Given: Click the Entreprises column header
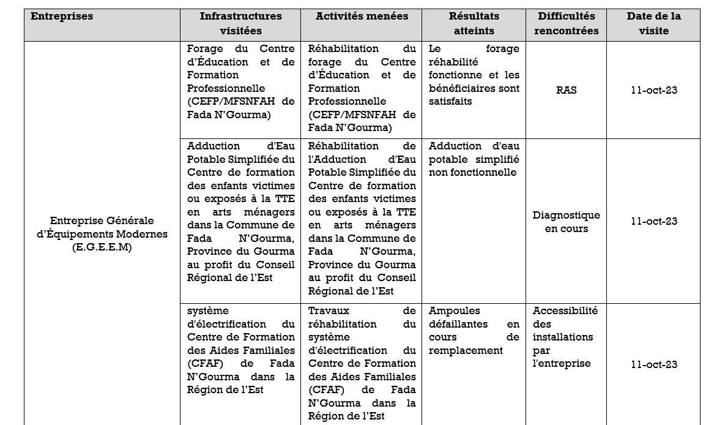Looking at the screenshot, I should point(62,17).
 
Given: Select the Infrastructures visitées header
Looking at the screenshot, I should point(240,23).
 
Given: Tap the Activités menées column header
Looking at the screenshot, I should point(362,17).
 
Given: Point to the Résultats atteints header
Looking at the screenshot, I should point(474,23).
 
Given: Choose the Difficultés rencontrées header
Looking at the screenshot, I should point(566,23).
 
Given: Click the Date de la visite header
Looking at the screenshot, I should point(653,23).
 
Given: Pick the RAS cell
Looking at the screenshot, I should point(566,90).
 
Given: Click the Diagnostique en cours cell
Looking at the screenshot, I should point(566,222).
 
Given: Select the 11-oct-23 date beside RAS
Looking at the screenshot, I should point(654,90).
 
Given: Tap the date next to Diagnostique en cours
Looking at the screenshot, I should point(654,221).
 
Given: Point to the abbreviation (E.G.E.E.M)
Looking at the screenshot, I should point(102,247).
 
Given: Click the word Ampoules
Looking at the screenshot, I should point(455,311).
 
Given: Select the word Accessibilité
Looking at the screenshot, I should point(565,311).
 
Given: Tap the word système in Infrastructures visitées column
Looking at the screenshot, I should point(207,311).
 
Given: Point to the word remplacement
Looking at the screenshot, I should point(466,351).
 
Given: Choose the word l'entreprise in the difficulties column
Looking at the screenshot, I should point(562,364).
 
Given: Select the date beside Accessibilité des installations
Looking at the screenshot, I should point(654,364).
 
